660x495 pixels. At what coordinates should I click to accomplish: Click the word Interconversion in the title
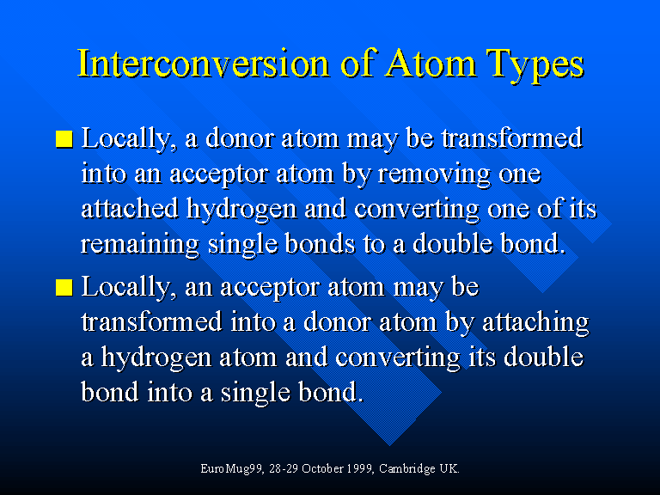(x=203, y=64)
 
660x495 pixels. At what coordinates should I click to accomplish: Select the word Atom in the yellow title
(x=431, y=64)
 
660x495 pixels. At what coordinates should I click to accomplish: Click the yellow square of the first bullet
(x=64, y=139)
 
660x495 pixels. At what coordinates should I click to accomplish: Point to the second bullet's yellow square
(x=64, y=288)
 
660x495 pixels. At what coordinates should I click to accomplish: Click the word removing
(x=434, y=175)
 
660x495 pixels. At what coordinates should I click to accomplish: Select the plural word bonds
(x=320, y=243)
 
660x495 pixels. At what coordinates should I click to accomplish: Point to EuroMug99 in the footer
(x=231, y=469)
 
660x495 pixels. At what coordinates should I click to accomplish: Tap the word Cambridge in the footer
(x=407, y=469)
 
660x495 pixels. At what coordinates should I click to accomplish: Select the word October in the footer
(x=323, y=468)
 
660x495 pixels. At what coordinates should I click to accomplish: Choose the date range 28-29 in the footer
(x=284, y=468)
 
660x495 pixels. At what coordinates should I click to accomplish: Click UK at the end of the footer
(x=449, y=468)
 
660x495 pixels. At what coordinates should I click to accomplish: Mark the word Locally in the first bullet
(x=126, y=139)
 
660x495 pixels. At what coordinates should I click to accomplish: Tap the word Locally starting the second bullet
(x=126, y=288)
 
